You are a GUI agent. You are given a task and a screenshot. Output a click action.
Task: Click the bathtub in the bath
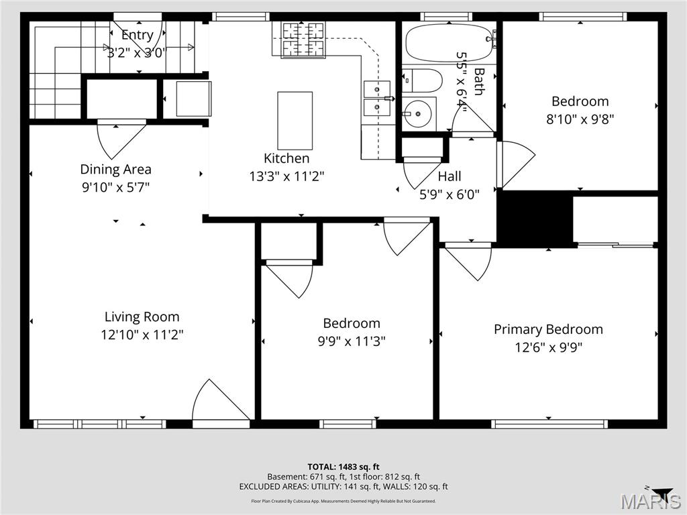pos(450,42)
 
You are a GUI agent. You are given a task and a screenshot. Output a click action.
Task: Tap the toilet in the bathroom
pos(421,80)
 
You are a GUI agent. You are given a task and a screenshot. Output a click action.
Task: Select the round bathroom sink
pos(417,114)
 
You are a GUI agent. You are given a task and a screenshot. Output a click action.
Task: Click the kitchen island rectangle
pos(295,121)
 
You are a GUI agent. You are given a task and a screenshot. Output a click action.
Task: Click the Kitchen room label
pos(286,158)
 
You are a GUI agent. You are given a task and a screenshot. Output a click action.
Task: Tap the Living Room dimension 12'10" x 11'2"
pos(142,335)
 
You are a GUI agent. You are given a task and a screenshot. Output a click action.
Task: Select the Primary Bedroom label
pos(548,329)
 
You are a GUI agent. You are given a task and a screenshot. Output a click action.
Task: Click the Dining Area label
pos(115,169)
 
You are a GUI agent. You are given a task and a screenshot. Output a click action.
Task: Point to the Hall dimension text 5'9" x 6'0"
pos(450,194)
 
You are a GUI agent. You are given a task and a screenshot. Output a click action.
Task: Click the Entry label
pos(137,35)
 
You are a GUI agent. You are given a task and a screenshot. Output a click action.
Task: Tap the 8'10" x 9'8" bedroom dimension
pos(580,119)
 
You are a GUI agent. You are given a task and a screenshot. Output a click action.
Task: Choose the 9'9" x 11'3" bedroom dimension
pos(352,341)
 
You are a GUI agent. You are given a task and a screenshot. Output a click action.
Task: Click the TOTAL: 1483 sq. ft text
pos(343,467)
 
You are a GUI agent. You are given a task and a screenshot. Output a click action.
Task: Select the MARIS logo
pos(651,500)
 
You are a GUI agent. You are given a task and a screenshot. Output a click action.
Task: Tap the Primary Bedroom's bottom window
pos(549,424)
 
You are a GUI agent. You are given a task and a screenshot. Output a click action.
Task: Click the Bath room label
pos(479,81)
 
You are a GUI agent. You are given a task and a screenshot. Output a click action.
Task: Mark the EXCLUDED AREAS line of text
pos(343,487)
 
